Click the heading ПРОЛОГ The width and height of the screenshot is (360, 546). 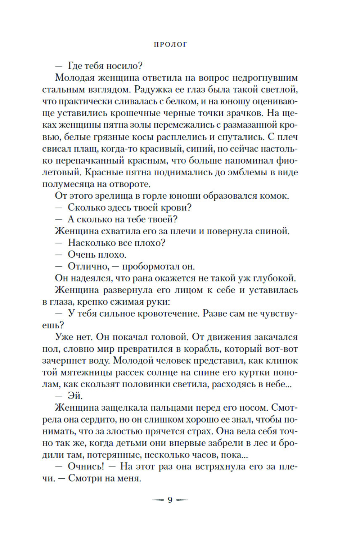point(170,45)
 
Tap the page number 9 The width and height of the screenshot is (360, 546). point(170,500)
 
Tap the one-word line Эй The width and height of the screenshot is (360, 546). point(75,396)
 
